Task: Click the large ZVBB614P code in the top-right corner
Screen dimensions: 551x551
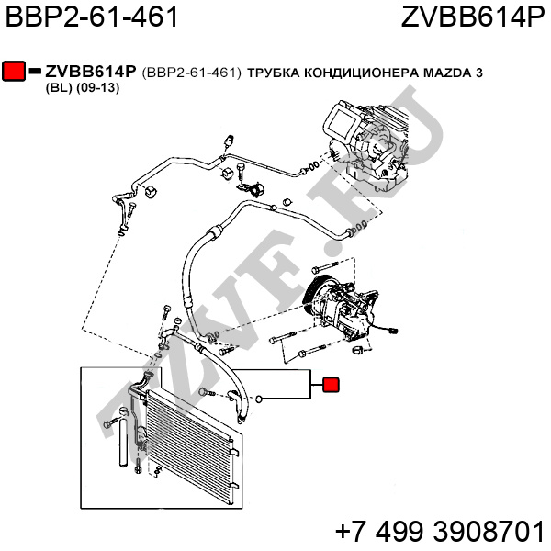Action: click(x=472, y=17)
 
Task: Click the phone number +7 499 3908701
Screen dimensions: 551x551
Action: click(x=440, y=532)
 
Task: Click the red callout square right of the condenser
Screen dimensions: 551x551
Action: click(x=331, y=386)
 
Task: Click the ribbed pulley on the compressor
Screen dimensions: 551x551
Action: click(x=314, y=298)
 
